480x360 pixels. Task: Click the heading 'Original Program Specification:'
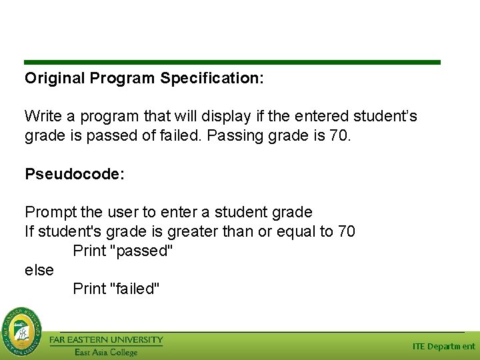pos(144,79)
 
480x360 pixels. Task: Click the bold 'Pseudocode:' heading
pos(75,175)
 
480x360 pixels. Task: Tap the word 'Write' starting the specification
pos(43,117)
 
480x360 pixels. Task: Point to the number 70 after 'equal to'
pos(346,232)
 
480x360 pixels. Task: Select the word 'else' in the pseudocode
pos(39,270)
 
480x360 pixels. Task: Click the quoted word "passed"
pos(144,251)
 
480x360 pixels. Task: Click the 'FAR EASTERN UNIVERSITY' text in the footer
pos(106,340)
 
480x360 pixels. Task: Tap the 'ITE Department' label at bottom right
pos(443,347)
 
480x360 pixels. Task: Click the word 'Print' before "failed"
pos(89,289)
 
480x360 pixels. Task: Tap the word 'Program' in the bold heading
pos(124,79)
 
